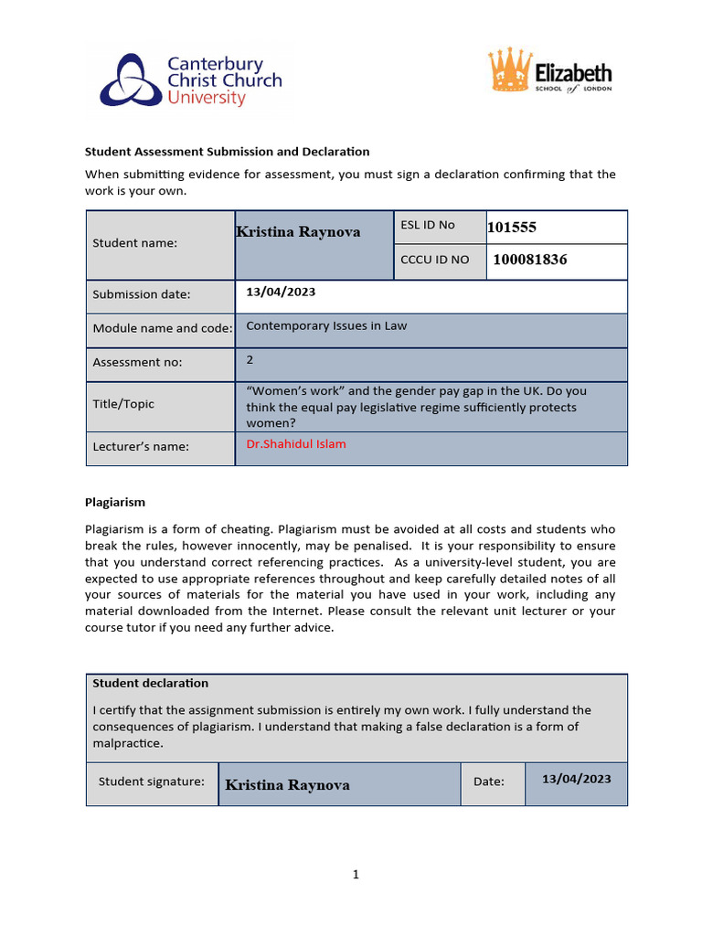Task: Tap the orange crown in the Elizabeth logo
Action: (x=510, y=71)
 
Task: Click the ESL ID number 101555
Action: (x=518, y=227)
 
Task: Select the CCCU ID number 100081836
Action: (x=529, y=260)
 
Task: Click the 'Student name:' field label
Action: (x=135, y=243)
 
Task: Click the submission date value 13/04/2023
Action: (x=282, y=292)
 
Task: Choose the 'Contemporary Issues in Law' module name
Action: (x=326, y=325)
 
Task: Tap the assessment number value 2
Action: (x=250, y=360)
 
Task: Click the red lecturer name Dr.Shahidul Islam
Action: (x=296, y=444)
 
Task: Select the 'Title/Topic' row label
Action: (x=123, y=404)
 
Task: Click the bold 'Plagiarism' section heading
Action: (x=115, y=502)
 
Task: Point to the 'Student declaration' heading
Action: (x=151, y=683)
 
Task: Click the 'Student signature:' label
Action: (x=152, y=782)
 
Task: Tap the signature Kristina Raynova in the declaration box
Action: (x=287, y=785)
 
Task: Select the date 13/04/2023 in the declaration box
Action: (x=576, y=779)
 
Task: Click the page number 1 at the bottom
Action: (x=356, y=875)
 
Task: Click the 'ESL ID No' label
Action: (x=428, y=225)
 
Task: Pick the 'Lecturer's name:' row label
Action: (x=141, y=447)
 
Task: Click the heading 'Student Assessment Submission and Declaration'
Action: (x=227, y=152)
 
